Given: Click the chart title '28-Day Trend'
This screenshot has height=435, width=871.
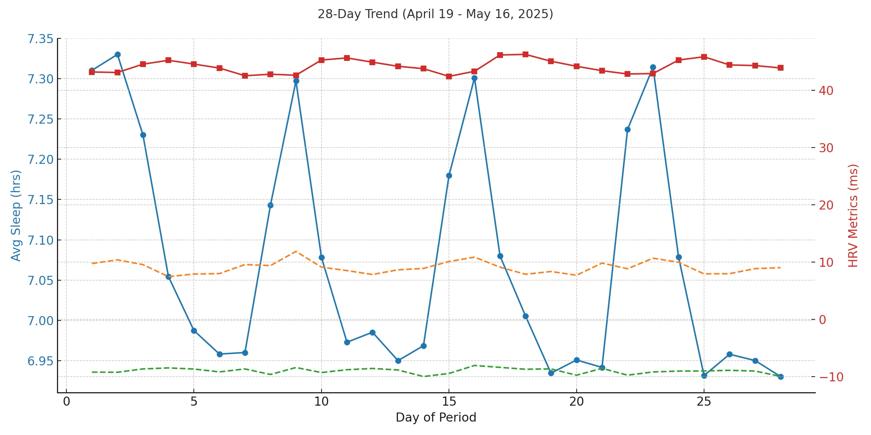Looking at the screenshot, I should tap(435, 14).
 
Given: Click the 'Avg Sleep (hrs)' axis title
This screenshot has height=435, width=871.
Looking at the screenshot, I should tap(16, 215).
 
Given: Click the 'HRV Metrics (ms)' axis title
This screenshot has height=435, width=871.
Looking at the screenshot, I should tap(853, 215).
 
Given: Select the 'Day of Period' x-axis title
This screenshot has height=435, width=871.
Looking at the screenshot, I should tap(435, 418).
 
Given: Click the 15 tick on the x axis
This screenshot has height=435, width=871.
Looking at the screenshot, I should tap(449, 402).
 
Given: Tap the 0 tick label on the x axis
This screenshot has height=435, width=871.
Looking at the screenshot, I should tap(66, 402).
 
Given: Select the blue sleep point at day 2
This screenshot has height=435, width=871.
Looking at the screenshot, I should tap(118, 55).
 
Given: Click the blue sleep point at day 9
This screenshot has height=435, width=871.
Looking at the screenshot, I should tap(296, 81).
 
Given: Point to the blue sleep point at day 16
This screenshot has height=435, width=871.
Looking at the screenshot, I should tap(474, 78).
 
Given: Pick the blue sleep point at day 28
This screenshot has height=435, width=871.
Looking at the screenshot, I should tap(781, 377).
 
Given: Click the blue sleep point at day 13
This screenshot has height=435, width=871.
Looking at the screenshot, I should tap(398, 361).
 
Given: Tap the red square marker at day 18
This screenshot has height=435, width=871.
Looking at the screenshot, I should tap(526, 55).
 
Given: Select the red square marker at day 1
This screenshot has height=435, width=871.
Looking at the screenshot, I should tap(92, 72).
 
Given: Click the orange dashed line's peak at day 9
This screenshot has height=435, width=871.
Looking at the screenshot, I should tap(296, 251).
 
